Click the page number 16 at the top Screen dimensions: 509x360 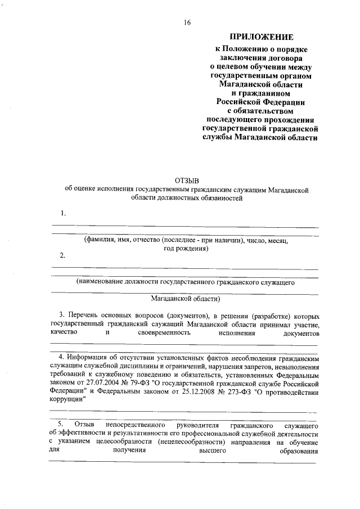[x=187, y=22]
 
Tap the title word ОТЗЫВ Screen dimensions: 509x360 [x=187, y=179]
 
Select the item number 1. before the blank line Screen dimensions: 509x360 [x=64, y=213]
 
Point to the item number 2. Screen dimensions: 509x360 [x=64, y=256]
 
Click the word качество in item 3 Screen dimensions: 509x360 [x=65, y=334]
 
